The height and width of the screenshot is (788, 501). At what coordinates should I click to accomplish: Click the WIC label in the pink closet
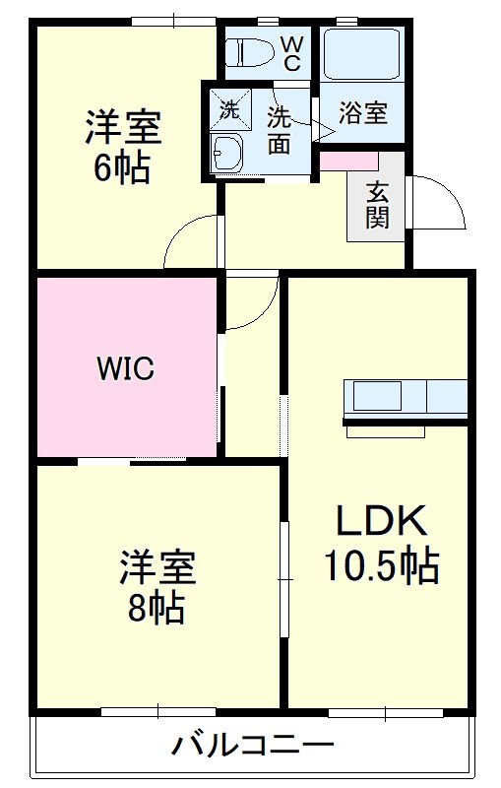pyautogui.click(x=125, y=369)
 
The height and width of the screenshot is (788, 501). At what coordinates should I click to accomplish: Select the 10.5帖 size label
pyautogui.click(x=381, y=566)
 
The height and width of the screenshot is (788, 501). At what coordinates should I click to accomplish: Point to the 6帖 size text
pyautogui.click(x=122, y=168)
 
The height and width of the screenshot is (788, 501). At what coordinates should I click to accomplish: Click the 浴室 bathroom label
pyautogui.click(x=362, y=112)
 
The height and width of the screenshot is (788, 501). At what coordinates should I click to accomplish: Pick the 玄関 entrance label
pyautogui.click(x=378, y=205)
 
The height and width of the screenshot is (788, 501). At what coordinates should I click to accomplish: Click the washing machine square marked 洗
pyautogui.click(x=228, y=109)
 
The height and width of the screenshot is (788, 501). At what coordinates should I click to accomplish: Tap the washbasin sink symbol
pyautogui.click(x=229, y=154)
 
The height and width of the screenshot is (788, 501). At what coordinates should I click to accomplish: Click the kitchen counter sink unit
pyautogui.click(x=405, y=399)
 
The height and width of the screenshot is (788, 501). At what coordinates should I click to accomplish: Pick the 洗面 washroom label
pyautogui.click(x=280, y=128)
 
